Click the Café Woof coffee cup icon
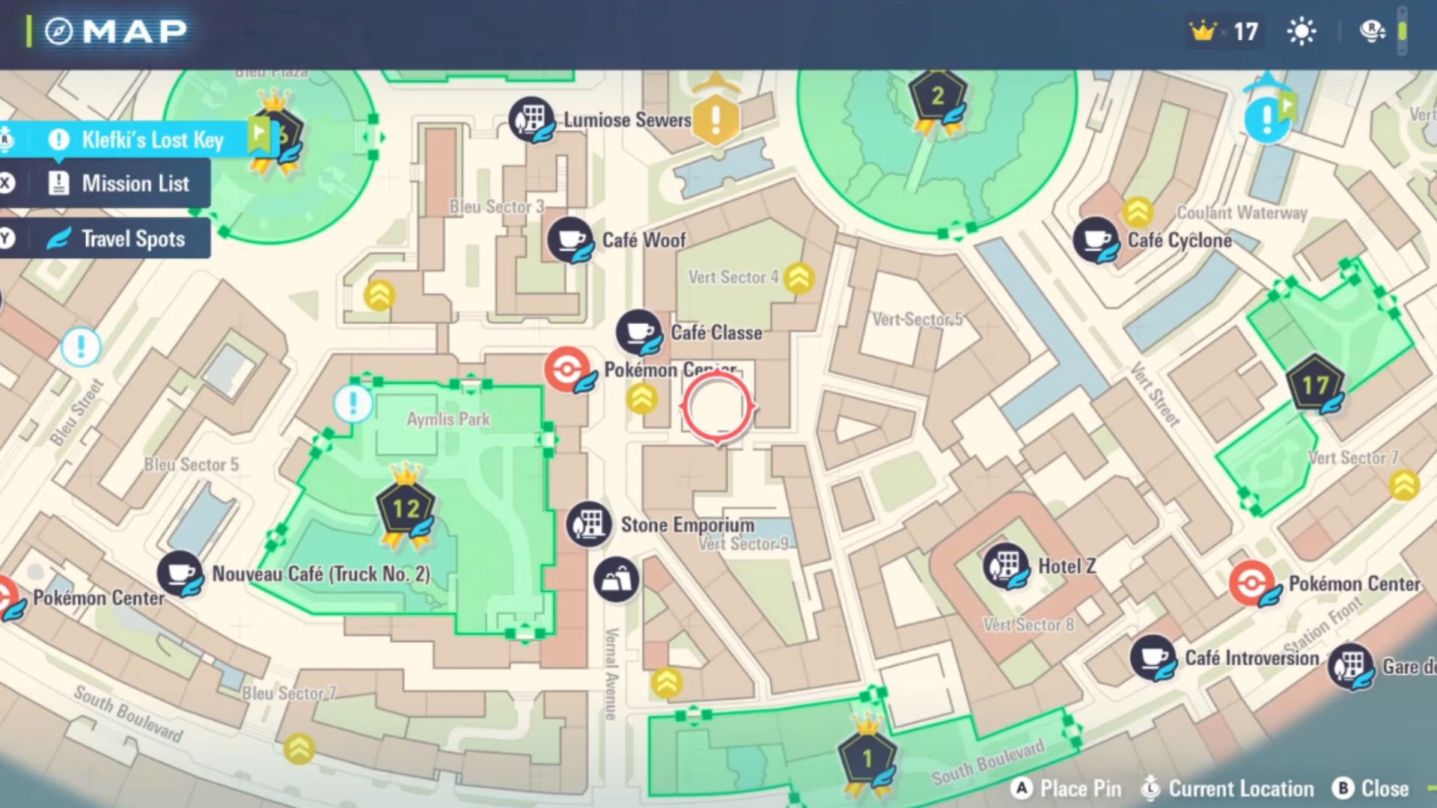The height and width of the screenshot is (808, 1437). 570,239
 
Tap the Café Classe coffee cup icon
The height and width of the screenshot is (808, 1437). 638,331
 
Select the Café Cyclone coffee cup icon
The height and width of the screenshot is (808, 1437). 1096,239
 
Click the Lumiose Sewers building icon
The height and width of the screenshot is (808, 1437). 531,119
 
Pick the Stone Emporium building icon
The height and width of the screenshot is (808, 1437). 589,524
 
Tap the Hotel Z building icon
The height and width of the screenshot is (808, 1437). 1006,566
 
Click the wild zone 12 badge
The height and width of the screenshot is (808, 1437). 406,509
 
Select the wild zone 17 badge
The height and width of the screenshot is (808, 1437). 1314,385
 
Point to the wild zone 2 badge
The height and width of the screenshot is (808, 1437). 937,97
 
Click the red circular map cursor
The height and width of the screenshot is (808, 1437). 717,407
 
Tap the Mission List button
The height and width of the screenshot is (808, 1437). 120,183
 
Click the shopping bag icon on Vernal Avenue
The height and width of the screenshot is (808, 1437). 616,579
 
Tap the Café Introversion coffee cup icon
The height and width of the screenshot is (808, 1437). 1153,658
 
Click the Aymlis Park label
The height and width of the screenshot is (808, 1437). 448,419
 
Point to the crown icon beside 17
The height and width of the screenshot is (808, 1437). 1203,31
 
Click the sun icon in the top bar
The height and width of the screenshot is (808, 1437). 1302,31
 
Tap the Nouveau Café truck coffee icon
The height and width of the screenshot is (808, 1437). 180,574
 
